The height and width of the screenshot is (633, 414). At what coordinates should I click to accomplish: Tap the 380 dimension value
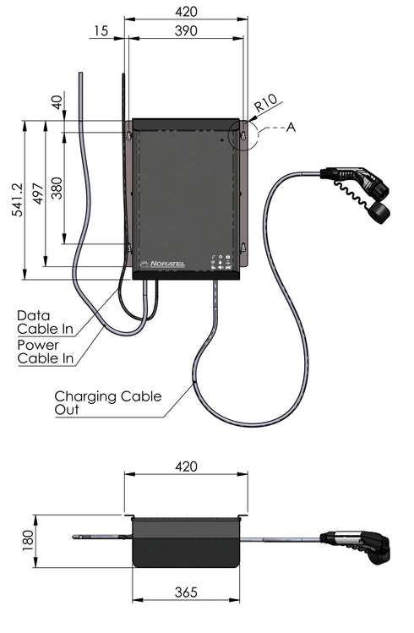[x=57, y=186]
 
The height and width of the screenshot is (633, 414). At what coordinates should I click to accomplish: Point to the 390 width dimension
[x=185, y=31]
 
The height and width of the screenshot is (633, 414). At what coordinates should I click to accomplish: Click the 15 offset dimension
[x=101, y=31]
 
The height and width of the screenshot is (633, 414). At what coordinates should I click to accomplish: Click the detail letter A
[x=291, y=127]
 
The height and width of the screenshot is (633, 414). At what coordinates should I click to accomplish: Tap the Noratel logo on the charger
[x=166, y=264]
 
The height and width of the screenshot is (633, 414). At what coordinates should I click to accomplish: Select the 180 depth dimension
[x=27, y=539]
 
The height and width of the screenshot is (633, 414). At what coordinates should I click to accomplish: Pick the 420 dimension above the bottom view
[x=186, y=467]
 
